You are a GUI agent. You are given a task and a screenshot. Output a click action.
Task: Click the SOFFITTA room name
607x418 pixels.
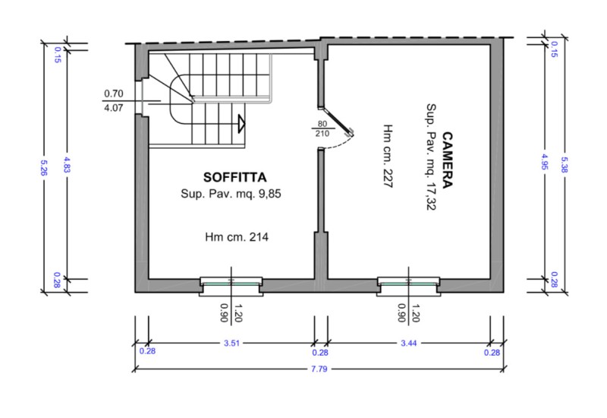[x=235, y=177]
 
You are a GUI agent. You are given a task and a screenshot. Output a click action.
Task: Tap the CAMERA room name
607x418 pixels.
[x=447, y=160]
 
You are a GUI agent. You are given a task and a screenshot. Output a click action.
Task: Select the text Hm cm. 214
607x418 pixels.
[x=237, y=236]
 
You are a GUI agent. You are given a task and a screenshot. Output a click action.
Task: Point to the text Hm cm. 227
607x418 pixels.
[x=388, y=156]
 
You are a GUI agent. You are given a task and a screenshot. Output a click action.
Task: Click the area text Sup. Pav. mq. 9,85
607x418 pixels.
[x=231, y=194]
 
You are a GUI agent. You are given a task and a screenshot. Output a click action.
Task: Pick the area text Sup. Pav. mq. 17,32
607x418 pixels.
[x=431, y=157]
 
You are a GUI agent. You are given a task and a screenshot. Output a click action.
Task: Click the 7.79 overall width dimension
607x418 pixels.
[x=319, y=369]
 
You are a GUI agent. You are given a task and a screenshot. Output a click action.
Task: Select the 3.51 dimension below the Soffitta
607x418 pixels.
[x=231, y=344]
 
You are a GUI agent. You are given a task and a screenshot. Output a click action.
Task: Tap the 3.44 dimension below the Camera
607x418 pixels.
[x=409, y=344]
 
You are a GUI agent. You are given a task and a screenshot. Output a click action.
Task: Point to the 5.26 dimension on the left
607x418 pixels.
[x=43, y=167]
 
